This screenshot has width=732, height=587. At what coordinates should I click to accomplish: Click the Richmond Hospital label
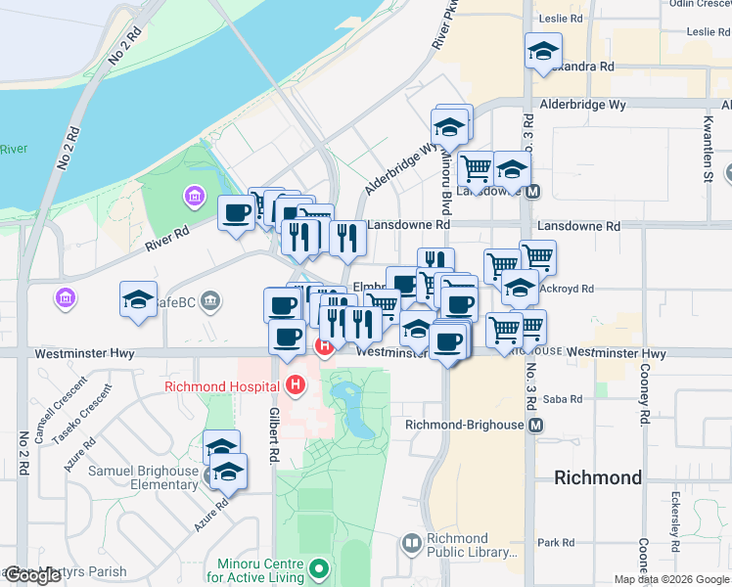224,385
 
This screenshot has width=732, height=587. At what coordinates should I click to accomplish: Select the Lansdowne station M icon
533,192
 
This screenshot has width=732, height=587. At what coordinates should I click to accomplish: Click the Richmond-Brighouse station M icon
535,426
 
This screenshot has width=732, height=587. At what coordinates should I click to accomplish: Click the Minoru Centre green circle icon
318,567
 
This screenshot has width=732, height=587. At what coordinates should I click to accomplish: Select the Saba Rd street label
563,399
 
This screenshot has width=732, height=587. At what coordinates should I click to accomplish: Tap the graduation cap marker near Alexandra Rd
543,53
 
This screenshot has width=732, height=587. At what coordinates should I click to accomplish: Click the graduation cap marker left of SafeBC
139,300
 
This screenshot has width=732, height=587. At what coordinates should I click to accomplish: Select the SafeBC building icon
209,302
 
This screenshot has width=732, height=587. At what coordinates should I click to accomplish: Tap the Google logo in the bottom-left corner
33,575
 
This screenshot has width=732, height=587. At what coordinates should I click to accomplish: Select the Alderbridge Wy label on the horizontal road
583,103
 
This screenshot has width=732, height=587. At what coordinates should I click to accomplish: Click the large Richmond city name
597,477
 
